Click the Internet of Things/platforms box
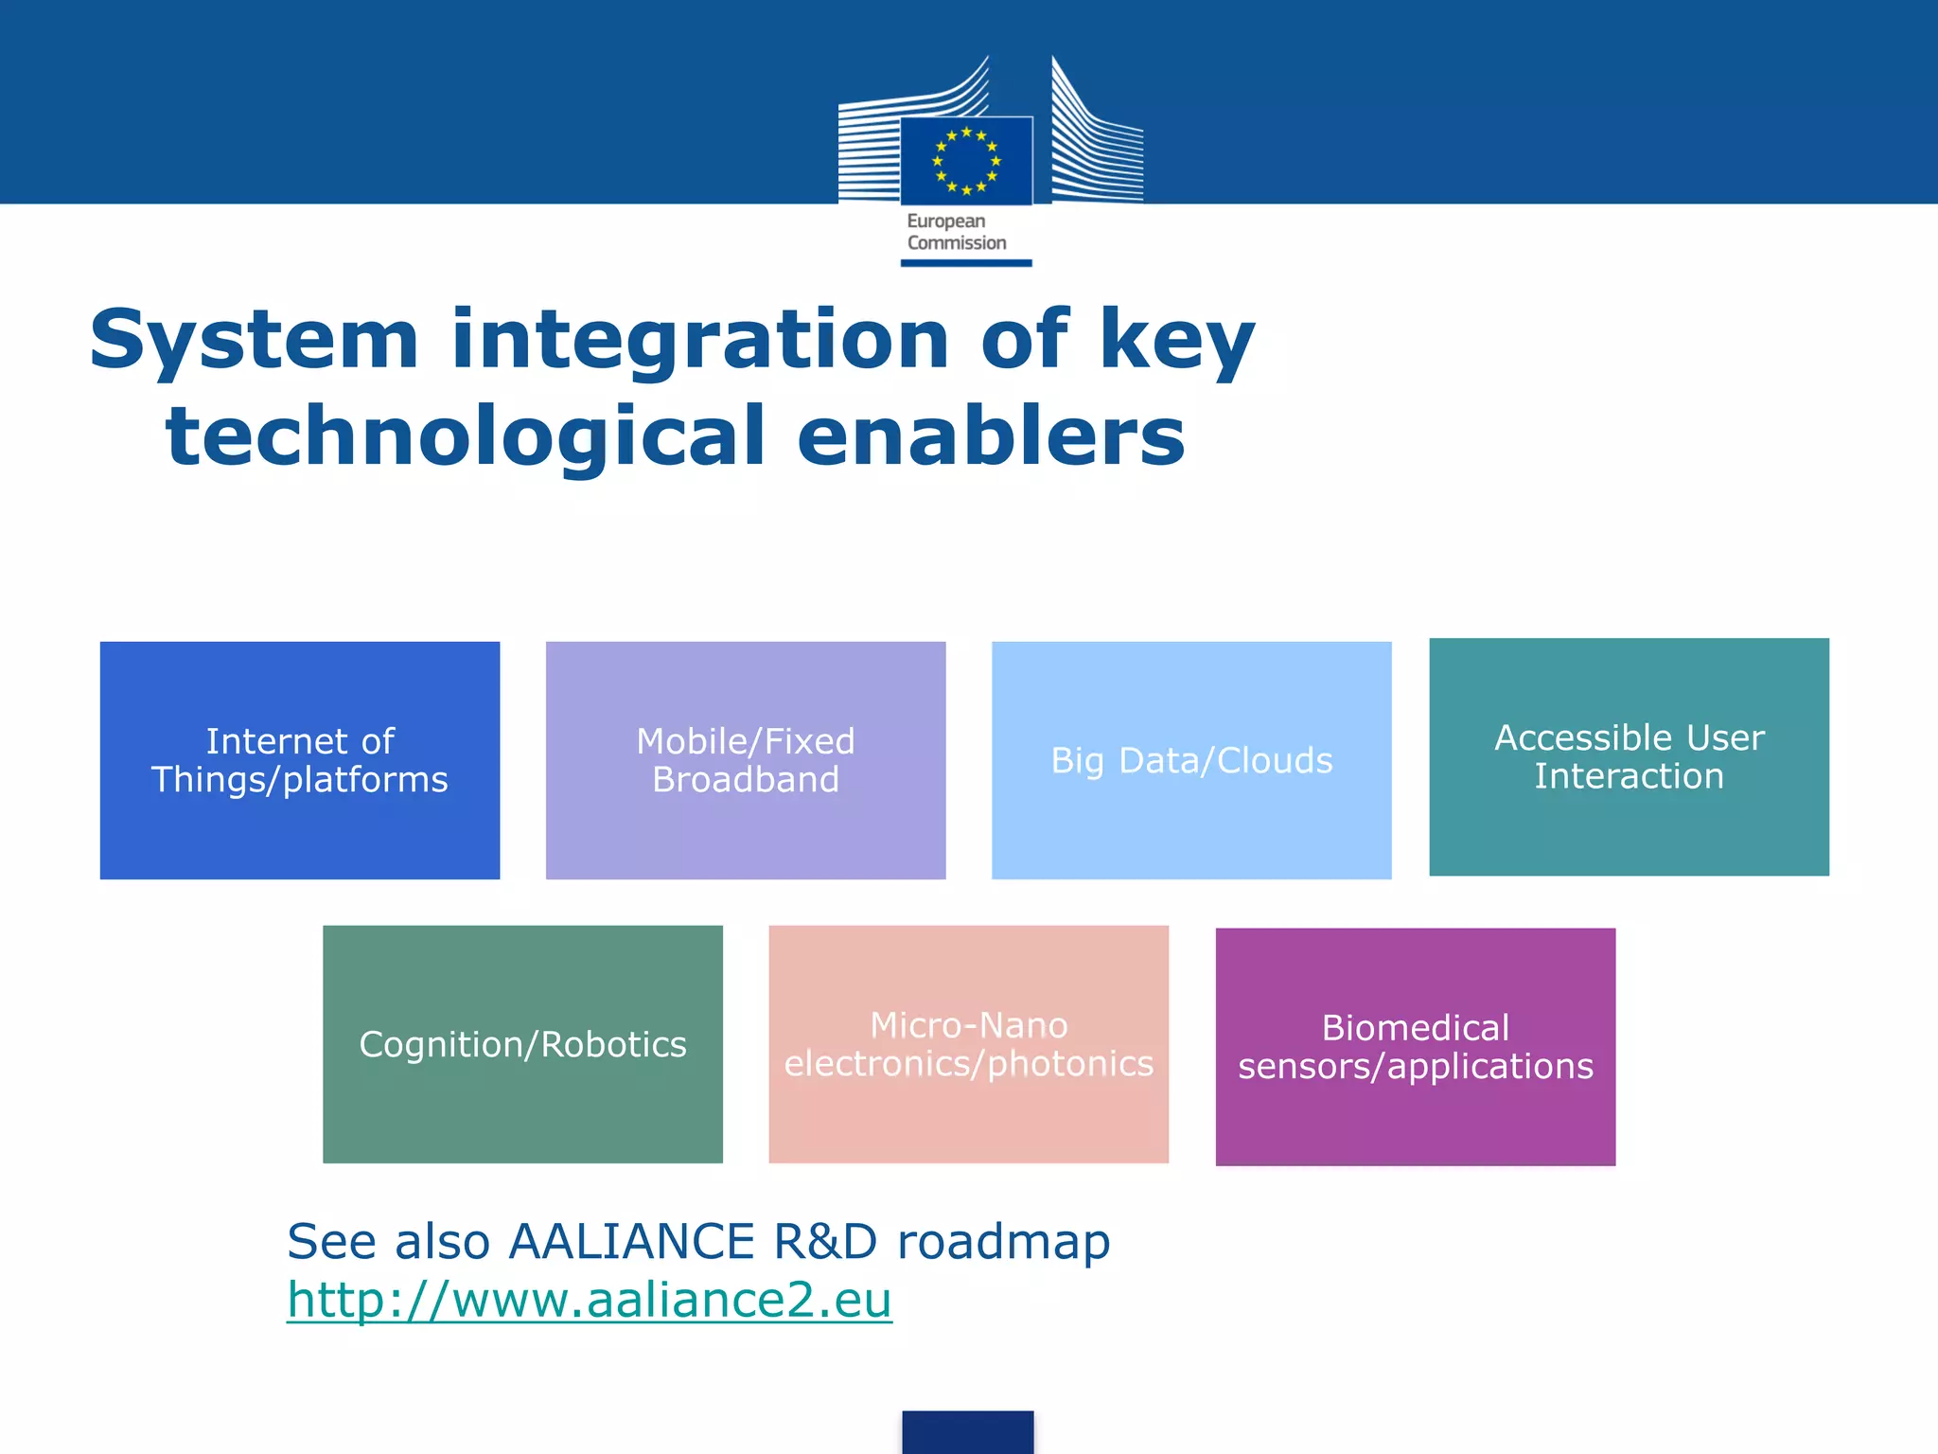[x=300, y=760]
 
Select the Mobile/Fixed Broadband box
[x=746, y=760]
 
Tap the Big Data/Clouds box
[x=1191, y=760]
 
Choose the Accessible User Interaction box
[x=1629, y=756]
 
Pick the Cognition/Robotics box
[x=522, y=1044]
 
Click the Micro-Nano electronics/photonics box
[x=968, y=1044]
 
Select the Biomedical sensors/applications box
[x=1415, y=1047]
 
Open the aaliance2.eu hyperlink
[x=590, y=1300]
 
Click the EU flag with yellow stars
[x=966, y=161]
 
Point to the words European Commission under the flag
[x=956, y=232]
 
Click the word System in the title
[x=254, y=341]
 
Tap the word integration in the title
[x=700, y=341]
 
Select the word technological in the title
[x=465, y=436]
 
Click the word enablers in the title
[x=991, y=436]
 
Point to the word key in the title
[x=1177, y=341]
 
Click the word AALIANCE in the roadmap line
[x=631, y=1241]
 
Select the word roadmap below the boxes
[x=1003, y=1241]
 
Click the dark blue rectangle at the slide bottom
[x=967, y=1432]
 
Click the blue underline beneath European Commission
[x=966, y=263]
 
